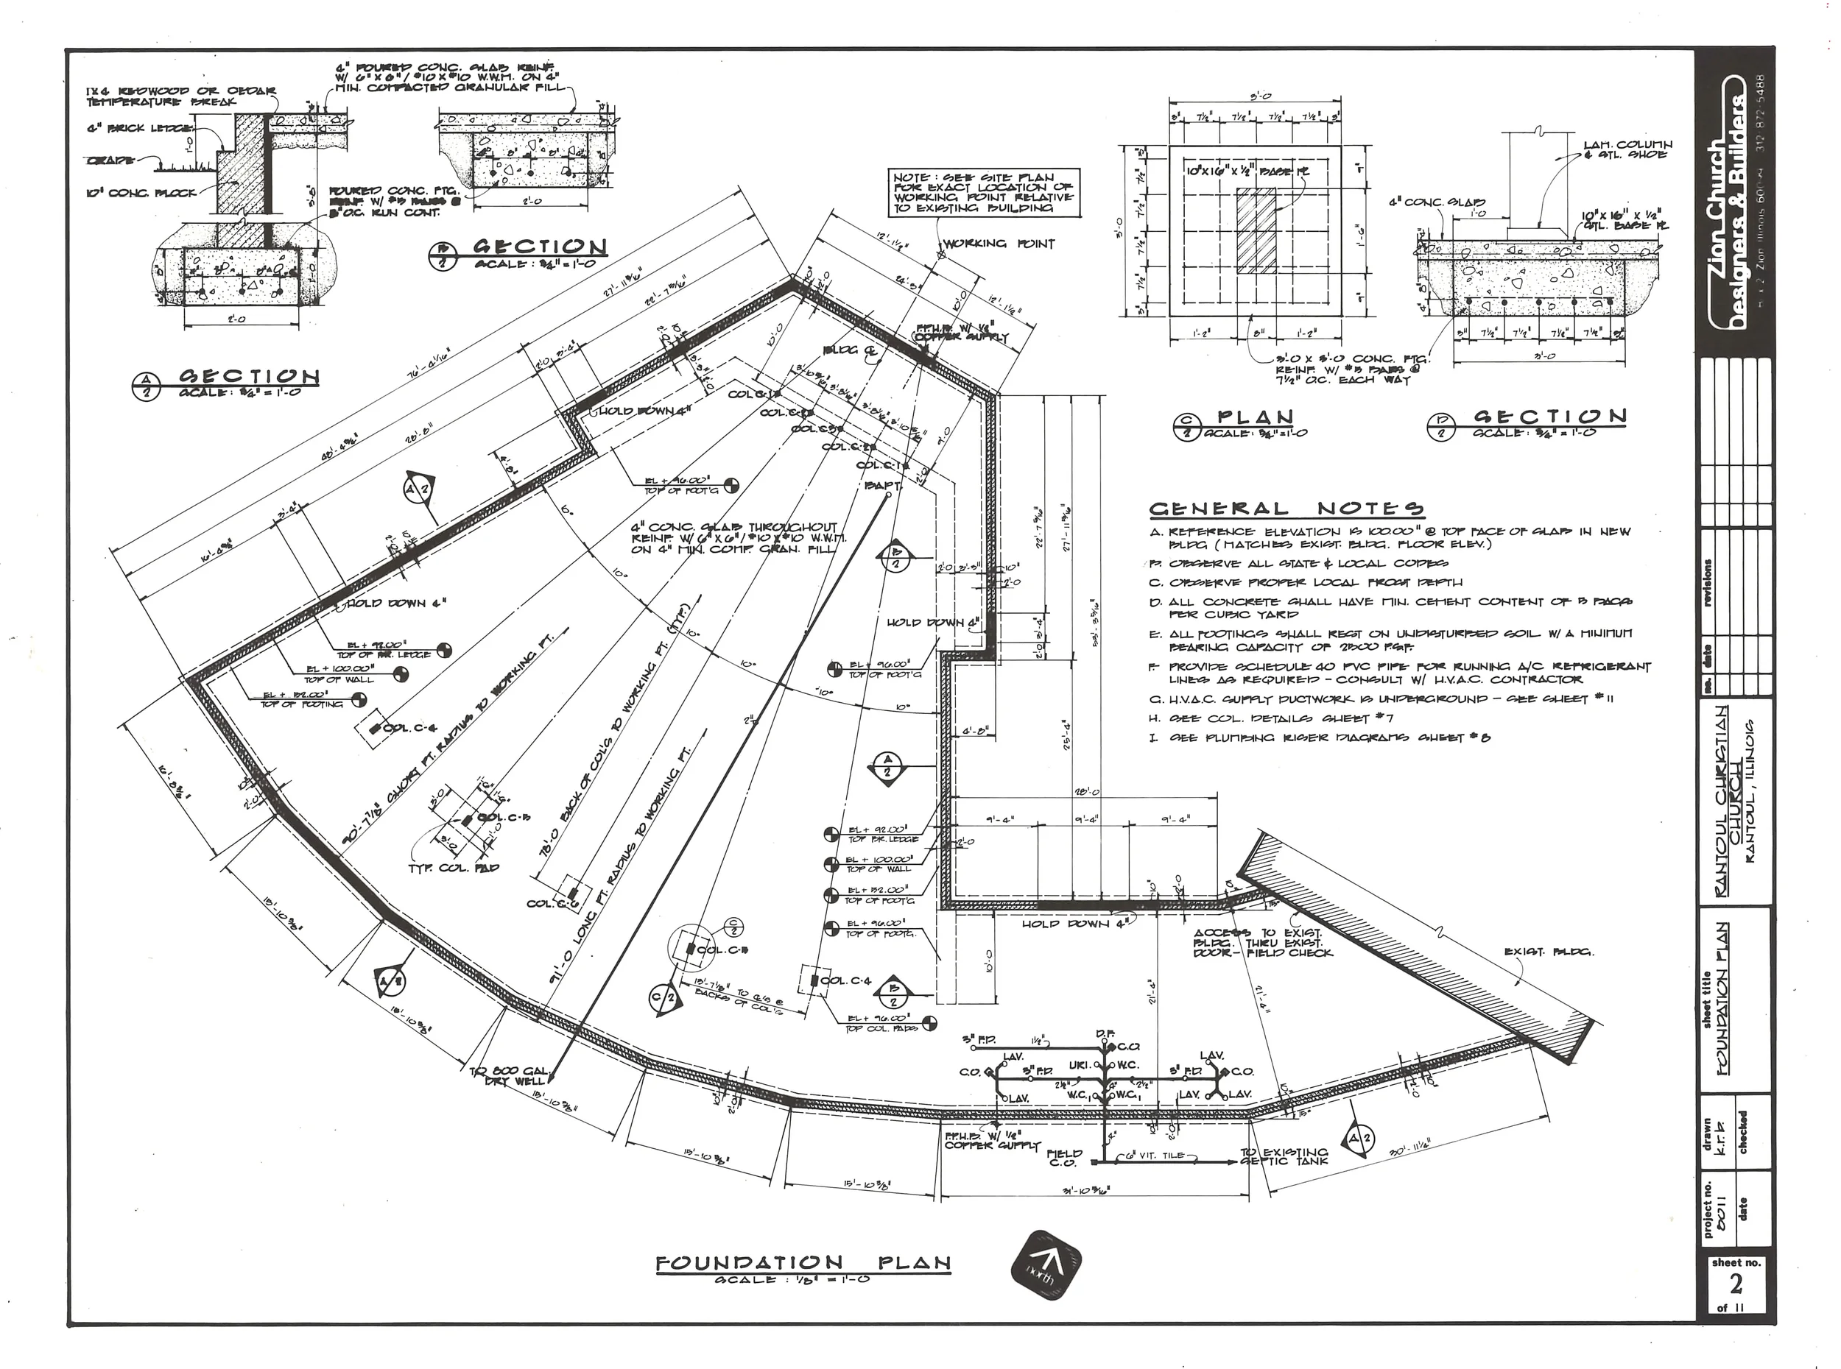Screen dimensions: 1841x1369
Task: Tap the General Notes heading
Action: tap(1286, 509)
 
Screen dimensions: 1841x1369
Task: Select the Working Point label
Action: tap(999, 244)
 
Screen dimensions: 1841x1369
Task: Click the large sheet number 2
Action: tap(1735, 1284)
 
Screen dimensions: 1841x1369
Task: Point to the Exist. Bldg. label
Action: tap(1549, 952)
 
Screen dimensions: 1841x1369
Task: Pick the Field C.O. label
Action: tap(1063, 1158)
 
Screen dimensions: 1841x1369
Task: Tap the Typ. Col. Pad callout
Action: tap(454, 868)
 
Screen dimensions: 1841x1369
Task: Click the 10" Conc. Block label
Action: tap(140, 193)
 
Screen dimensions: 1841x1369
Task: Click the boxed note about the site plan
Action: tap(982, 192)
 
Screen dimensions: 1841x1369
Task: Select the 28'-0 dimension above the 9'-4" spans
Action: tap(1086, 792)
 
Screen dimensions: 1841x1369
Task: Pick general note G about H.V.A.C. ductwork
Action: tap(1381, 699)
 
